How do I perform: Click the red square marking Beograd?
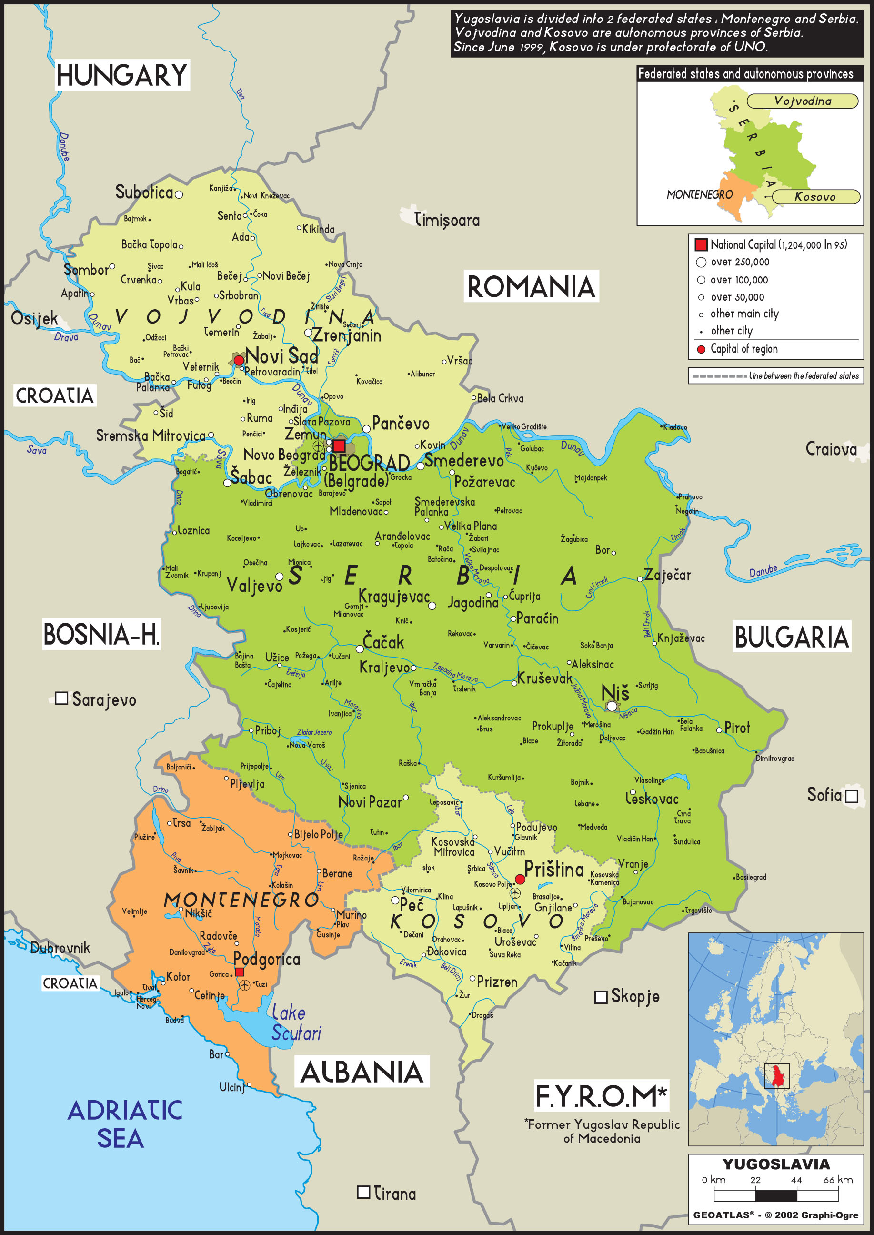tap(339, 446)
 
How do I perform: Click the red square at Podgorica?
tap(240, 972)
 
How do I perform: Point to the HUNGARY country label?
tap(122, 75)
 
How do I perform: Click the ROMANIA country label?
tap(531, 286)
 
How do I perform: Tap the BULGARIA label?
tap(792, 638)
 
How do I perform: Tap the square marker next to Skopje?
tap(601, 997)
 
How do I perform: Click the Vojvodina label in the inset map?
tap(802, 101)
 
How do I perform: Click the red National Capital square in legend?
tap(701, 245)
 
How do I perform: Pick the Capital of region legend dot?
tap(701, 349)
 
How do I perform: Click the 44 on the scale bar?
tap(796, 1180)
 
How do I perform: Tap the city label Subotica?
tap(144, 192)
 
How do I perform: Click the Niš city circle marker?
tap(612, 706)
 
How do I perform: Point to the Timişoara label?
tap(447, 220)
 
